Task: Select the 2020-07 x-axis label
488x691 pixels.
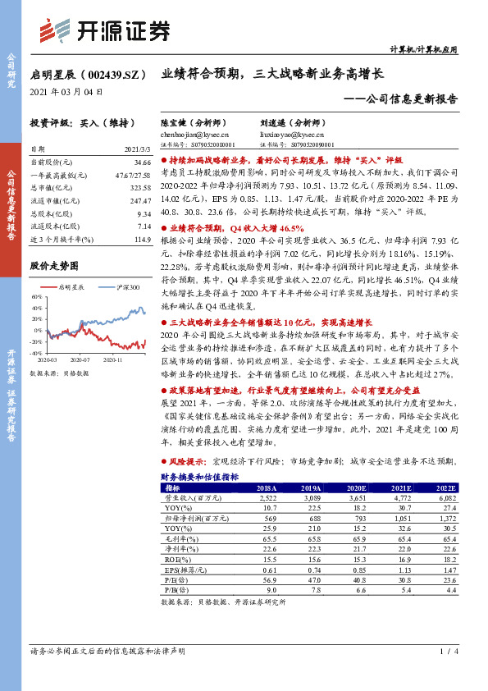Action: (83, 359)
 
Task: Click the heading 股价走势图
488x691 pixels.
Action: (54, 267)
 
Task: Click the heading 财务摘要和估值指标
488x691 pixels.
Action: (200, 476)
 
